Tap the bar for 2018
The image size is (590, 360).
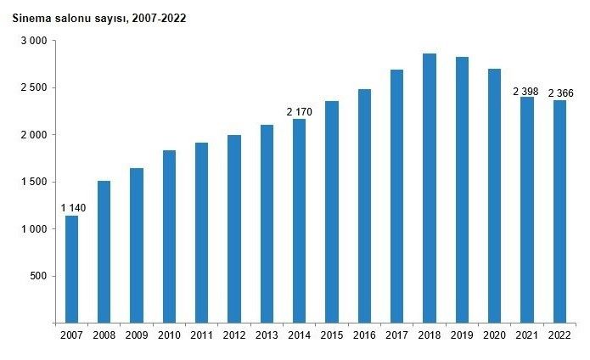pos(430,188)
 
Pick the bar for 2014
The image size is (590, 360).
pos(299,221)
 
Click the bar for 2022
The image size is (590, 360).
pos(559,211)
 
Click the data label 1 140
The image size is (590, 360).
pos(72,208)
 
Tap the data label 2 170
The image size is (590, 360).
pos(299,111)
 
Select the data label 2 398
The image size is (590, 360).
pos(527,91)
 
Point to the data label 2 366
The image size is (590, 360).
pos(560,93)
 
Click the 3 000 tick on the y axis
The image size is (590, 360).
pos(34,41)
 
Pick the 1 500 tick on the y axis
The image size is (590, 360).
pos(34,182)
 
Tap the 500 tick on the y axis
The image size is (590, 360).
pos(39,276)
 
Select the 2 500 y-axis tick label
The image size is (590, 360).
pos(34,87)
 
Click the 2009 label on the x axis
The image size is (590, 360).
pos(137,335)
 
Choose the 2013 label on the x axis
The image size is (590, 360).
pos(267,335)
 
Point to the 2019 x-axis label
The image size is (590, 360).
pos(462,335)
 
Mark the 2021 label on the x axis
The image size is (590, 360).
pos(527,335)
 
